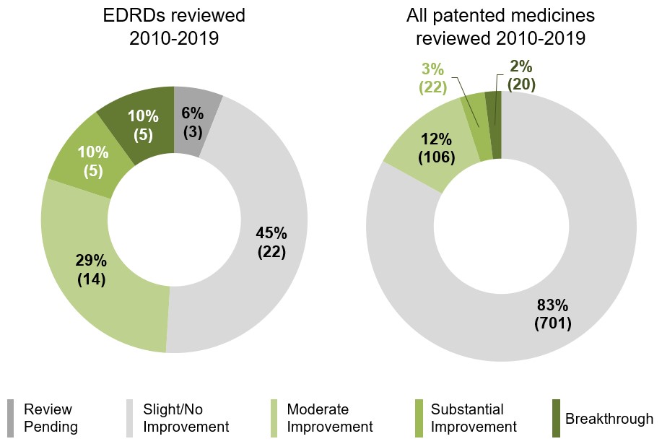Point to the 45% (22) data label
coord(271,243)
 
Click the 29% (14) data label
coord(92,269)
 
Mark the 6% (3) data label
coord(192,122)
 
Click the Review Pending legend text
coord(51,418)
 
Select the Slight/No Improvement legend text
coord(186,418)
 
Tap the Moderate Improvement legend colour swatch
coord(274,418)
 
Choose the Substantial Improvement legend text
coord(474,418)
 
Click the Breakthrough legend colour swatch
coord(556,418)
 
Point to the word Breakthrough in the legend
coord(609,419)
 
